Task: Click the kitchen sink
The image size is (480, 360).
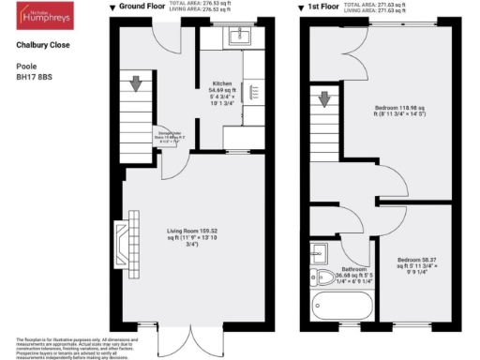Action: [236, 37]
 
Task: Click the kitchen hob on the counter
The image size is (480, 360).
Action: [252, 92]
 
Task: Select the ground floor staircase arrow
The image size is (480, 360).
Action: [137, 84]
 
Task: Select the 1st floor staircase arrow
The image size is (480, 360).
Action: [324, 97]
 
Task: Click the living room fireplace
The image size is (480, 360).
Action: [122, 241]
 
